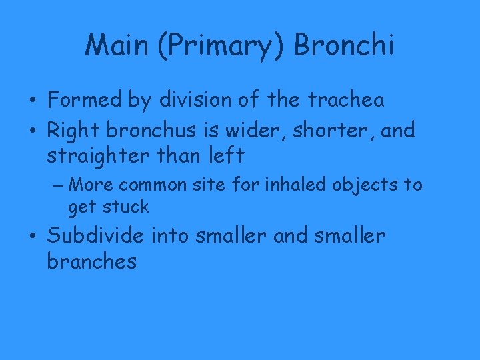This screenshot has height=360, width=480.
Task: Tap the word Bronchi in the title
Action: click(344, 46)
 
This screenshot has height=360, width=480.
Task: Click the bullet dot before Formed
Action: click(33, 101)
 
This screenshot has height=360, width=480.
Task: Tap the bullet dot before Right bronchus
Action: click(33, 131)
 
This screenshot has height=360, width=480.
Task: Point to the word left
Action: click(225, 157)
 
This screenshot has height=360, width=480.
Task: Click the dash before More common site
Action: click(56, 183)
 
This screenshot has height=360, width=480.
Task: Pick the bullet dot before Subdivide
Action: click(33, 237)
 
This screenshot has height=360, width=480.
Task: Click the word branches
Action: click(91, 261)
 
